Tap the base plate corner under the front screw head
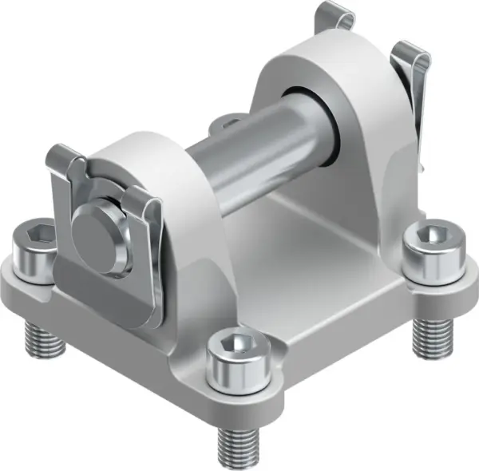pyautogui.click(x=239, y=391)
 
